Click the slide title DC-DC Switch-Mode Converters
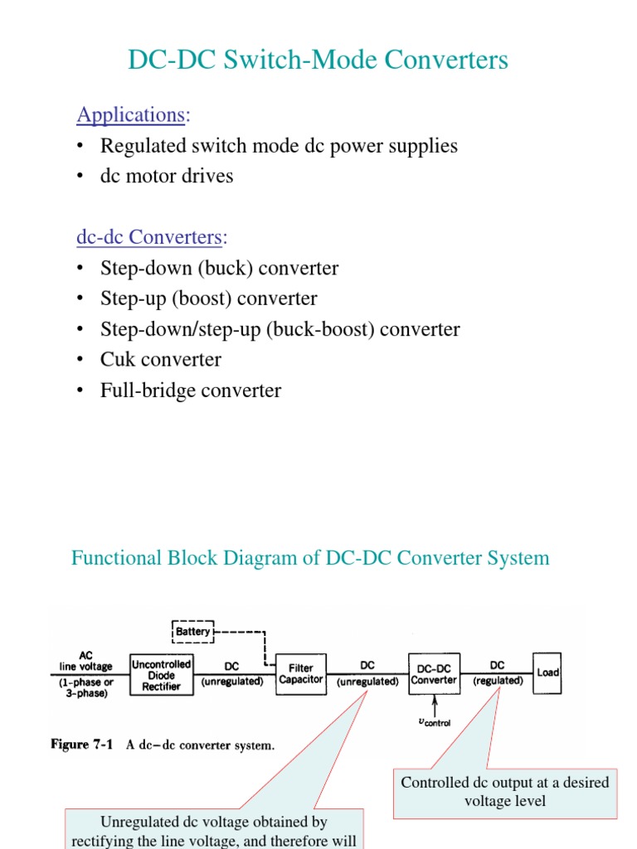point(318,61)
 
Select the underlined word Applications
point(130,114)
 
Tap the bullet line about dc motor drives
point(166,176)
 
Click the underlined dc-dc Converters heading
point(149,237)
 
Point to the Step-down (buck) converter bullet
point(219,269)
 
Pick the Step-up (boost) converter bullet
point(208,298)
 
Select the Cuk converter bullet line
point(160,360)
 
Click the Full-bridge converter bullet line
point(190,391)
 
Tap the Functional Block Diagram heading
point(310,558)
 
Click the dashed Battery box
point(192,632)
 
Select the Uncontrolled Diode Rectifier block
point(162,675)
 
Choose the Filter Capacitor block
point(300,673)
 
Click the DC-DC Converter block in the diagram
point(434,673)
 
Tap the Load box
point(547,672)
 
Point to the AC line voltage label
point(86,660)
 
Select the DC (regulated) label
point(498,673)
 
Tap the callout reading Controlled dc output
point(504,792)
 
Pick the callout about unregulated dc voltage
point(213,830)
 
